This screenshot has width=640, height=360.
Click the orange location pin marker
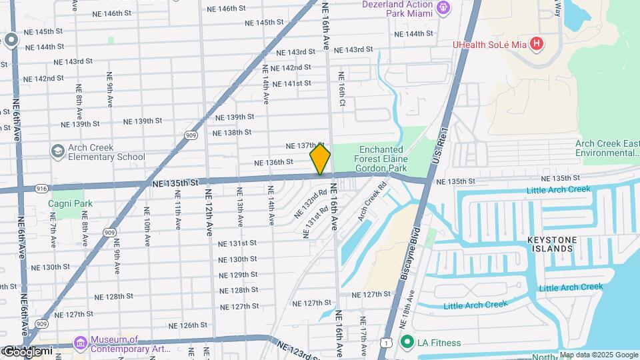320,159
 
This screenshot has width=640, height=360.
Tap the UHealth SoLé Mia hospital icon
537,45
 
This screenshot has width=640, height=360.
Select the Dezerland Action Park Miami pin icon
444,9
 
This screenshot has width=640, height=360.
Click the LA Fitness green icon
407,343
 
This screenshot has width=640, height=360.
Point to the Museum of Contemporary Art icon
80,343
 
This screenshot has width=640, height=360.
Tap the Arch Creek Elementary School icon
57,152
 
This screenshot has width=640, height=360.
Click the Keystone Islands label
551,244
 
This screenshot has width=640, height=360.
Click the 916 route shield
41,189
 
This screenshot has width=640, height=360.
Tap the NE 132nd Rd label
311,204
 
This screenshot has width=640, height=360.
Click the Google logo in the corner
28,351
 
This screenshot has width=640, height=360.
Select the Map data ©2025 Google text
599,355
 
